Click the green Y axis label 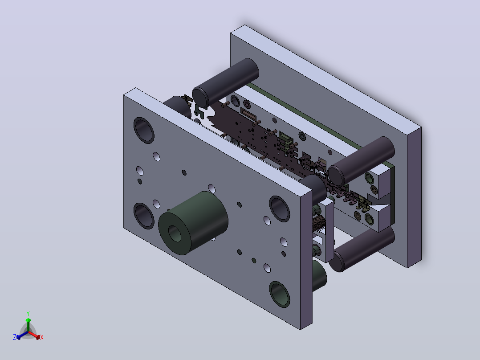click(28, 313)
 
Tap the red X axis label click(42, 337)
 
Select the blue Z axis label click(15, 337)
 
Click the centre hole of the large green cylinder click(175, 234)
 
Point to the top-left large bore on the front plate click(144, 131)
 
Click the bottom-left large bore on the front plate click(144, 216)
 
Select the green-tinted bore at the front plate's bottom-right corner click(280, 295)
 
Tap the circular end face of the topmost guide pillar click(200, 98)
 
